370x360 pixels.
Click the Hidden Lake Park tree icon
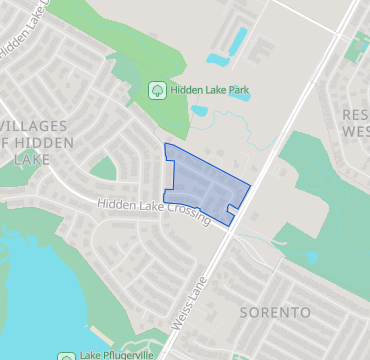click(157, 90)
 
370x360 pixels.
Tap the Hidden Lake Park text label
click(209, 90)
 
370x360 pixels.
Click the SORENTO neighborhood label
click(275, 313)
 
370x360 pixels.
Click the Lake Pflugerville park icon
click(66, 355)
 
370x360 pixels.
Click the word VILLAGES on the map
click(35, 126)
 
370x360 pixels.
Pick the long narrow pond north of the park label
click(238, 41)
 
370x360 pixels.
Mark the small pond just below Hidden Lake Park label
click(199, 110)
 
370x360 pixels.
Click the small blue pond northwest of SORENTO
click(311, 257)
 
